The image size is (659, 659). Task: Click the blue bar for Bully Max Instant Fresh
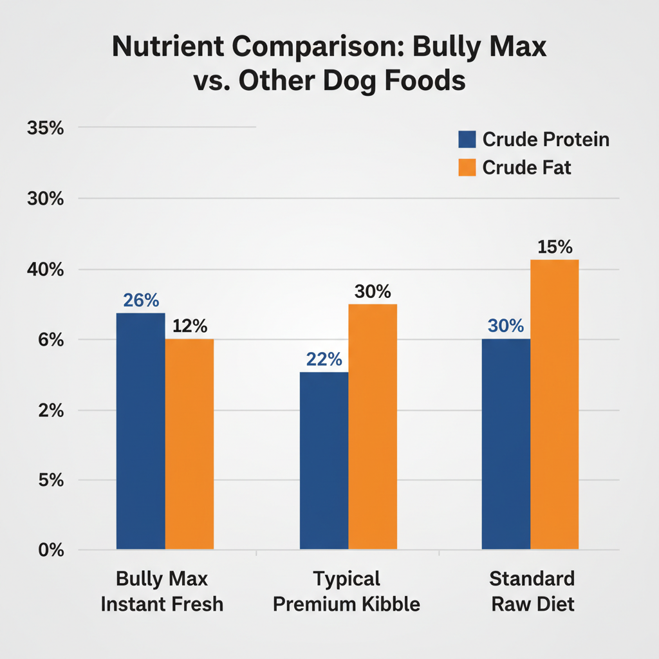(140, 431)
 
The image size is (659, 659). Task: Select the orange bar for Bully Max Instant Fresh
(189, 444)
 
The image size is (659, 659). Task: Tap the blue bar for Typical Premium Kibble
(324, 461)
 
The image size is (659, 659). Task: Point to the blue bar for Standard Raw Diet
(506, 444)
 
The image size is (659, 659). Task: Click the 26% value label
(141, 301)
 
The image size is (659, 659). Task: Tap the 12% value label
(190, 326)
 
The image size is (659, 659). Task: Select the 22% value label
(324, 359)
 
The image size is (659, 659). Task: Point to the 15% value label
(555, 247)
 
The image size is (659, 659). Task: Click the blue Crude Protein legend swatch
(467, 140)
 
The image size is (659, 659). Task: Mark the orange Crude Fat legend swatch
(467, 167)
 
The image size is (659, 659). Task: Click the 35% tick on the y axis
(45, 128)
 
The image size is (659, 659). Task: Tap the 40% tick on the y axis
(45, 270)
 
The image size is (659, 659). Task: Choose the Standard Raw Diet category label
(532, 591)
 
